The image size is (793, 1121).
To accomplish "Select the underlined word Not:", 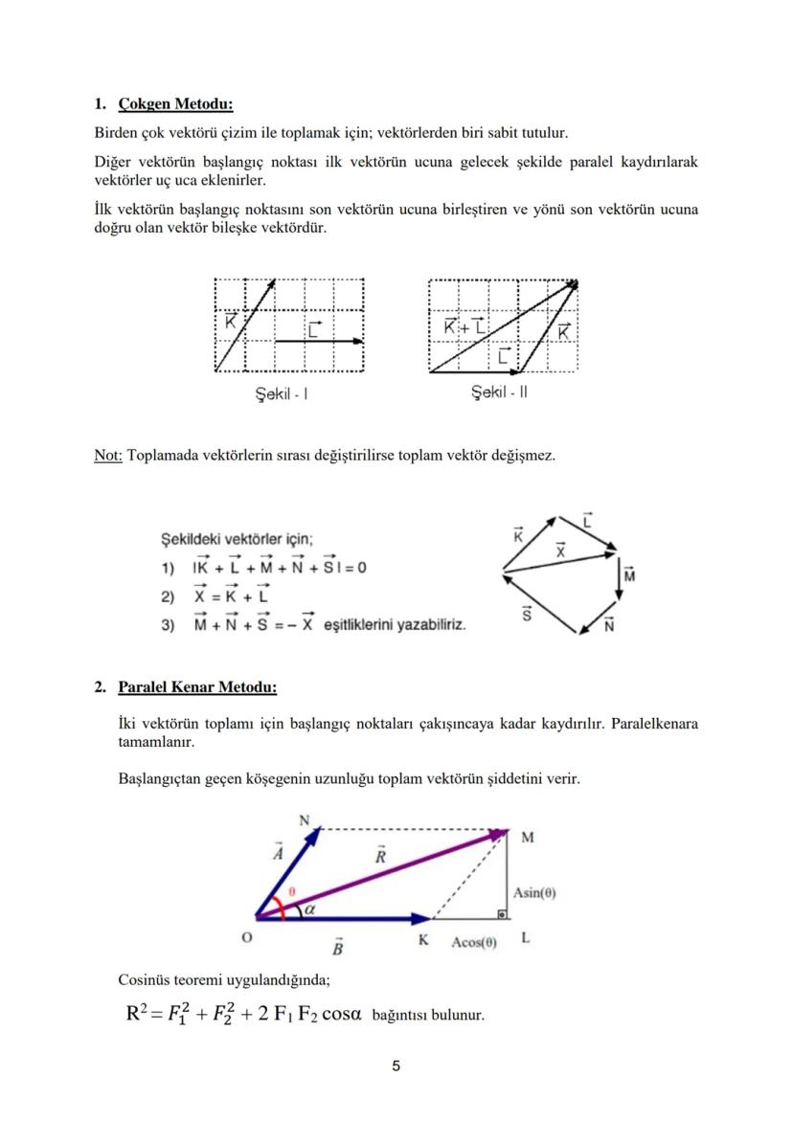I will (x=107, y=456).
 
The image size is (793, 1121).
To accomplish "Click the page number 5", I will (x=396, y=1065).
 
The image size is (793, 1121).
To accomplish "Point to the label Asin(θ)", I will (x=534, y=892).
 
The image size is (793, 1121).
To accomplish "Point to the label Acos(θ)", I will (x=474, y=941).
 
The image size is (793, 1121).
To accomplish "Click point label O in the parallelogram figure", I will (x=246, y=939).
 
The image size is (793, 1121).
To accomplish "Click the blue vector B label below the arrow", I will (x=337, y=948).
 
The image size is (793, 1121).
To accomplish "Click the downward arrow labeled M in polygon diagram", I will (x=621, y=576).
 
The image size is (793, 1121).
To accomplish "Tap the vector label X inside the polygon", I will (x=560, y=550).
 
